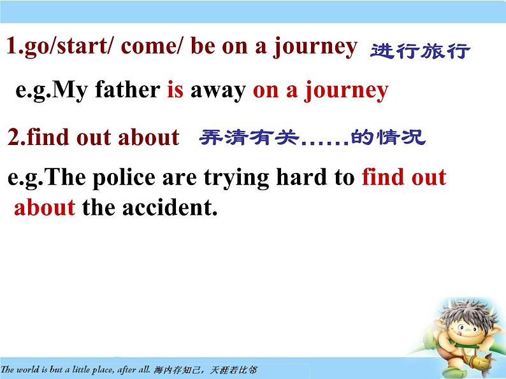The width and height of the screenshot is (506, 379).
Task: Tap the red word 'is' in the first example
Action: pos(175,90)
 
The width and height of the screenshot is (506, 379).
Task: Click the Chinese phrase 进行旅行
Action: pos(419,51)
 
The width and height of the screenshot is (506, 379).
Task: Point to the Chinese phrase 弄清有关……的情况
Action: pos(312,137)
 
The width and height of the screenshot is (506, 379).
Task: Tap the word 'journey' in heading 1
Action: pos(315,48)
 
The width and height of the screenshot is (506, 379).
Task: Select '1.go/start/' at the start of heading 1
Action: pos(60,48)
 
